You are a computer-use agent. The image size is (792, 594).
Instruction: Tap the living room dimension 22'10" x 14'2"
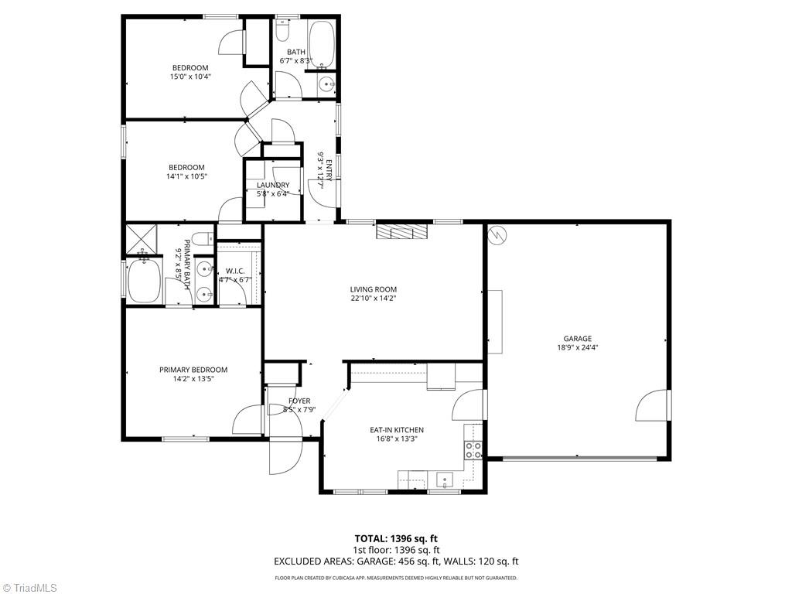pos(373,299)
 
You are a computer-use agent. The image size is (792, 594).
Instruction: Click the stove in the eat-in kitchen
pos(473,449)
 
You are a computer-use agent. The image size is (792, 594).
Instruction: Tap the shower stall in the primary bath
pos(142,239)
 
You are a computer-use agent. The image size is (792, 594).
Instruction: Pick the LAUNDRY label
pos(273,185)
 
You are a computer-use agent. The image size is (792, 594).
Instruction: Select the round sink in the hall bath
pos(327,84)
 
